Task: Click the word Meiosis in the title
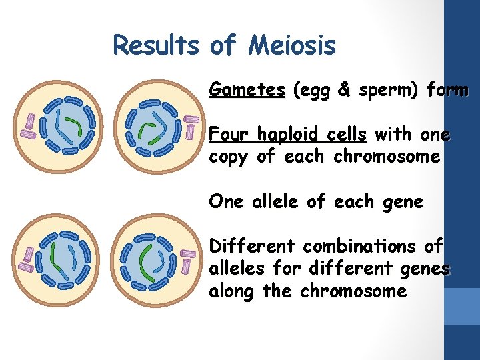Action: pyautogui.click(x=293, y=45)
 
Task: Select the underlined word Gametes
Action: pyautogui.click(x=247, y=89)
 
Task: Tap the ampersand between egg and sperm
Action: pyautogui.click(x=345, y=89)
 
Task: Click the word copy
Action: pyautogui.click(x=229, y=157)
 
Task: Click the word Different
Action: pyautogui.click(x=253, y=246)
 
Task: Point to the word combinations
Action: pyautogui.click(x=360, y=246)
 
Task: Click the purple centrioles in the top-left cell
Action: pyautogui.click(x=29, y=125)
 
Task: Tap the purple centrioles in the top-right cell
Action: pyautogui.click(x=191, y=127)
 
